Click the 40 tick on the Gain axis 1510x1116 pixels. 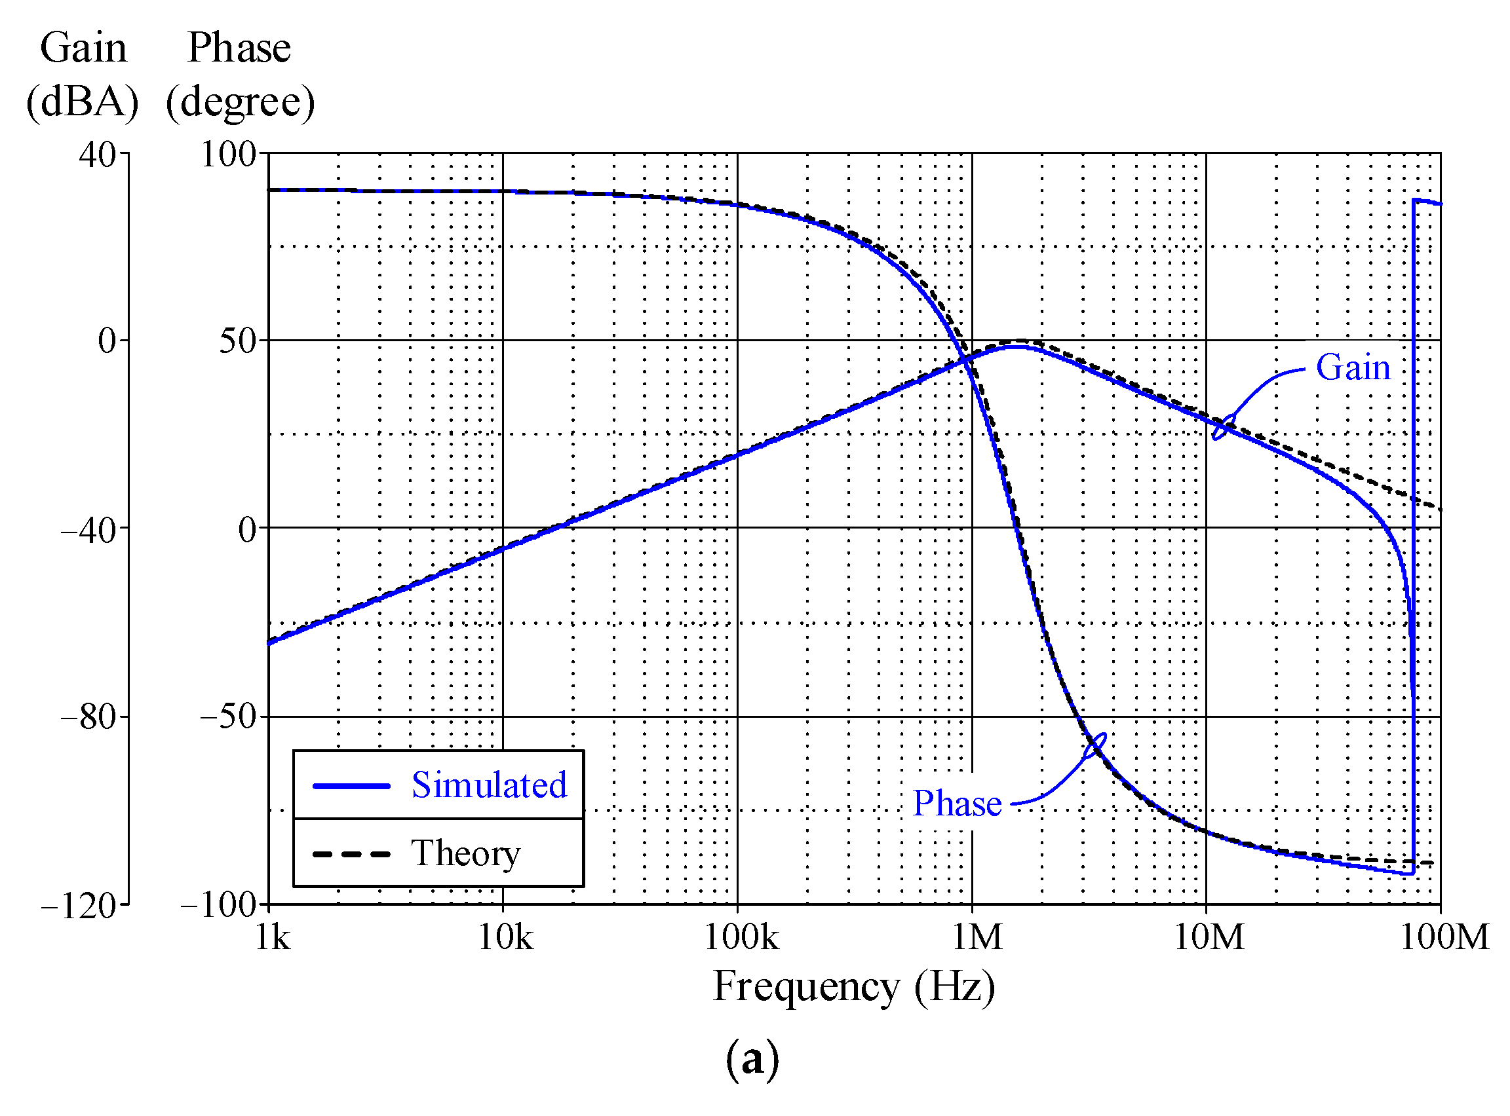pyautogui.click(x=98, y=155)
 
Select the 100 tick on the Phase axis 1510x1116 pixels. pyautogui.click(x=229, y=155)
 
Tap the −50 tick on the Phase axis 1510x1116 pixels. pyautogui.click(x=229, y=716)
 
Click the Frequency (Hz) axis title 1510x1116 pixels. pyautogui.click(x=854, y=988)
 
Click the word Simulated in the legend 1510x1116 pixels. pyautogui.click(x=490, y=786)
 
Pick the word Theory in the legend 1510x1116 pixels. pyautogui.click(x=466, y=854)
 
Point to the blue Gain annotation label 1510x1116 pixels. pyautogui.click(x=1353, y=368)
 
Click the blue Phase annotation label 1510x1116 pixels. pyautogui.click(x=957, y=804)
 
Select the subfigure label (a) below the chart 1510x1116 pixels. pyautogui.click(x=752, y=1059)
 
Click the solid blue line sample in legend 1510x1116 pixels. pyautogui.click(x=351, y=787)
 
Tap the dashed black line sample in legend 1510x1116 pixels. pyautogui.click(x=351, y=855)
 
